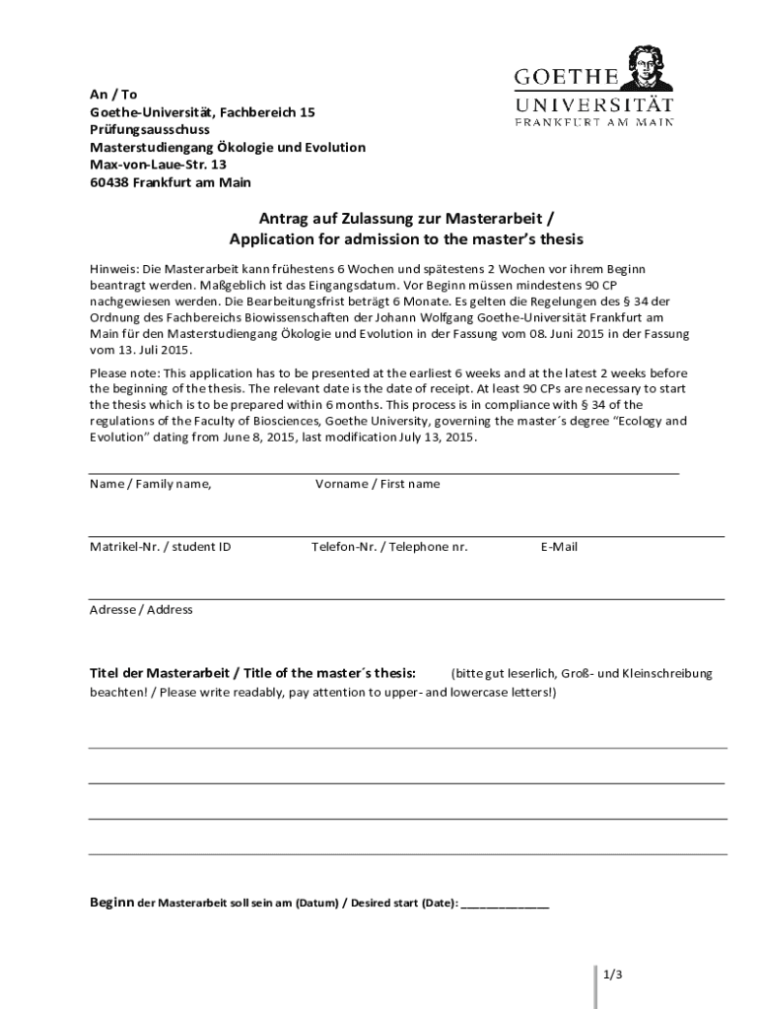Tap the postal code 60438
(x=109, y=182)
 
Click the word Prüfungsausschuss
(x=150, y=129)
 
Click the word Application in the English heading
(x=275, y=239)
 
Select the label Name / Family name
(x=150, y=484)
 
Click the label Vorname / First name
(x=378, y=484)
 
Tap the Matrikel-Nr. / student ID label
(x=161, y=547)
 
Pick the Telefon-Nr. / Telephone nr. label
(x=389, y=547)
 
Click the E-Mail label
(x=559, y=547)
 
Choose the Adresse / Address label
(x=141, y=610)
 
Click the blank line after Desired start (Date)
(x=505, y=903)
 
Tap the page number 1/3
(x=612, y=975)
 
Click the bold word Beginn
(x=111, y=903)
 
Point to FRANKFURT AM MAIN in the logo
(x=594, y=123)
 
